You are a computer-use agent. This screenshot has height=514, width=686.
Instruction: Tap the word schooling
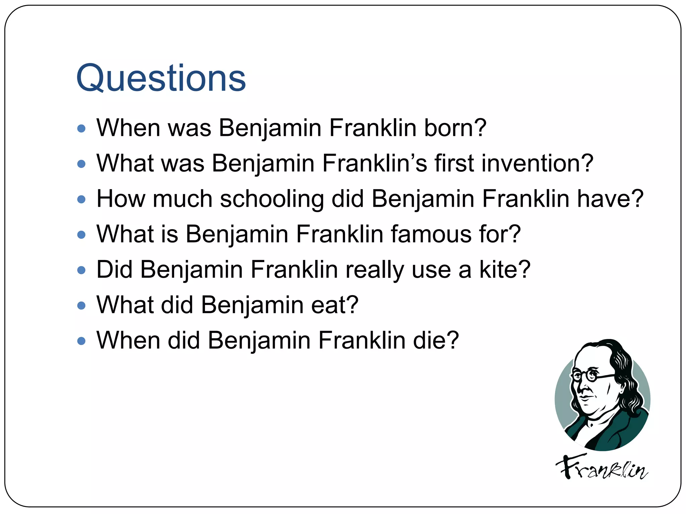272,199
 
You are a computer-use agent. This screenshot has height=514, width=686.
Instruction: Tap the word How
121,199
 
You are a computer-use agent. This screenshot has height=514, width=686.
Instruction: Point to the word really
375,270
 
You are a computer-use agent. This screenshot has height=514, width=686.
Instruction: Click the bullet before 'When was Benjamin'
81,128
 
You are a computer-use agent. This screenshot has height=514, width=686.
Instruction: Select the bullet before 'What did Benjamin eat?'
81,306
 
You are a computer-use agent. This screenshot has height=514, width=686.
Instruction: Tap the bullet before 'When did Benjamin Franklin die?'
81,341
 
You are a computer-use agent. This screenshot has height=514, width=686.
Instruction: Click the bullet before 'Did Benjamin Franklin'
81,270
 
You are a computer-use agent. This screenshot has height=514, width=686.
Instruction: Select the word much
183,199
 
